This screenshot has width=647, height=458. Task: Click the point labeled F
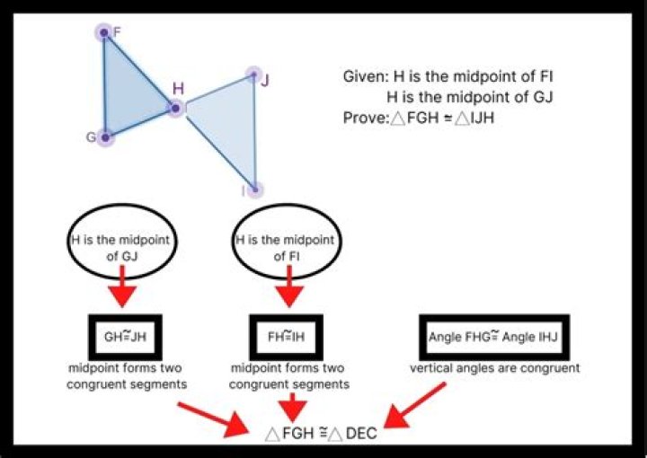pos(104,33)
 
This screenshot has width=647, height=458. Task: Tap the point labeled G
pos(105,137)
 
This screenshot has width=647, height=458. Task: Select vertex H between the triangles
pos(175,109)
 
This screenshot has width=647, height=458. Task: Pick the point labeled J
pos(253,75)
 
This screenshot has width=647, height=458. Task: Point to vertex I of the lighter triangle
pos(256,189)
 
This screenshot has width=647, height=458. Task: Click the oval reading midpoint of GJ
pos(124,248)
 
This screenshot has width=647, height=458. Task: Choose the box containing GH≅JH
pos(124,338)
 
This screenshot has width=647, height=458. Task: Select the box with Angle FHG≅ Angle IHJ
pos(493,338)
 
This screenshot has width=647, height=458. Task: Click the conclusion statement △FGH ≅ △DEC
pos(321,434)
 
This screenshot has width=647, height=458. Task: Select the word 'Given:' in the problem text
pos(367,77)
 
